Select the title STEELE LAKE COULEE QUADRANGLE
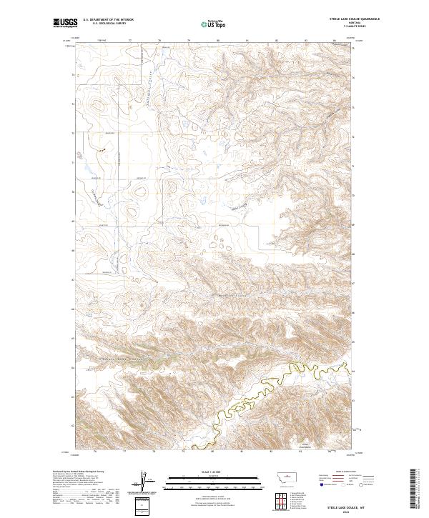[355, 19]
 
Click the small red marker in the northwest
[102, 150]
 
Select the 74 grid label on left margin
[72, 75]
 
